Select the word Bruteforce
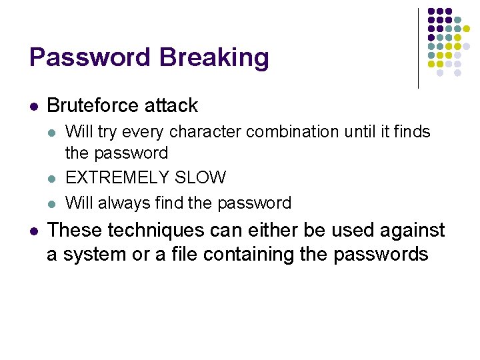tap(91, 105)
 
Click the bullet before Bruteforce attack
tap(34, 106)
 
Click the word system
tap(94, 254)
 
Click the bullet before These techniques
tap(34, 231)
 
